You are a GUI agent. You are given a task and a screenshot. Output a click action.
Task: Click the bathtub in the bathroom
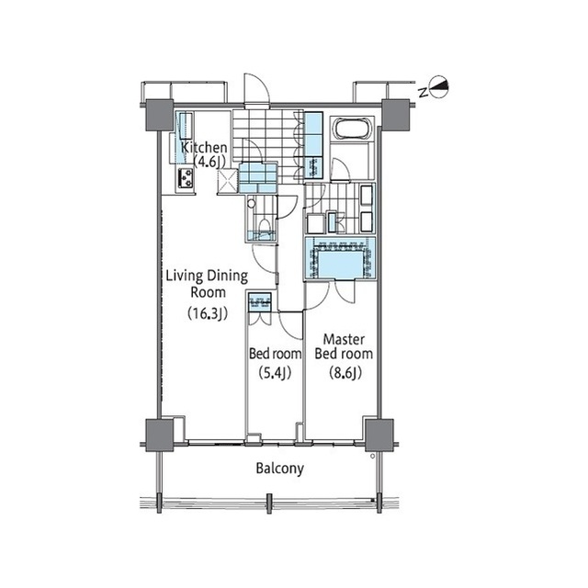coord(352,130)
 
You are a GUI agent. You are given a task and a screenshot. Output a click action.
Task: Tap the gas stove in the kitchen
coord(186,178)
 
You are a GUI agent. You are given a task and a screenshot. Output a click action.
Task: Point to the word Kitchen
coord(204,147)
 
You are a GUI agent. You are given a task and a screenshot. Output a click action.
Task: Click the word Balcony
coord(279,469)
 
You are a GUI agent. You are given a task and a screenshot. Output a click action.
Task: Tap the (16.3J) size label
coord(208,313)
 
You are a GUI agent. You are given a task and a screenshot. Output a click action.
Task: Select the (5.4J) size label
coord(275,372)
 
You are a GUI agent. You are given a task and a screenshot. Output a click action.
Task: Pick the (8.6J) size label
coord(345,372)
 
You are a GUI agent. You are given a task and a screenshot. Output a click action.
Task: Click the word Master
coord(344,339)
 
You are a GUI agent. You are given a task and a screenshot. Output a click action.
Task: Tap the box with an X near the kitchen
coord(228,181)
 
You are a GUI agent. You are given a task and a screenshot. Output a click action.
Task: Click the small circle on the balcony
coord(372,456)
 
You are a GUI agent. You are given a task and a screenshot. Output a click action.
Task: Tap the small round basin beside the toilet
coord(251,204)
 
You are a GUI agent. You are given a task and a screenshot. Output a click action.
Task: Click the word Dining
coord(228,277)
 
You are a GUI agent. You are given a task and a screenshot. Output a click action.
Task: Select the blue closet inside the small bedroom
coord(259,302)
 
